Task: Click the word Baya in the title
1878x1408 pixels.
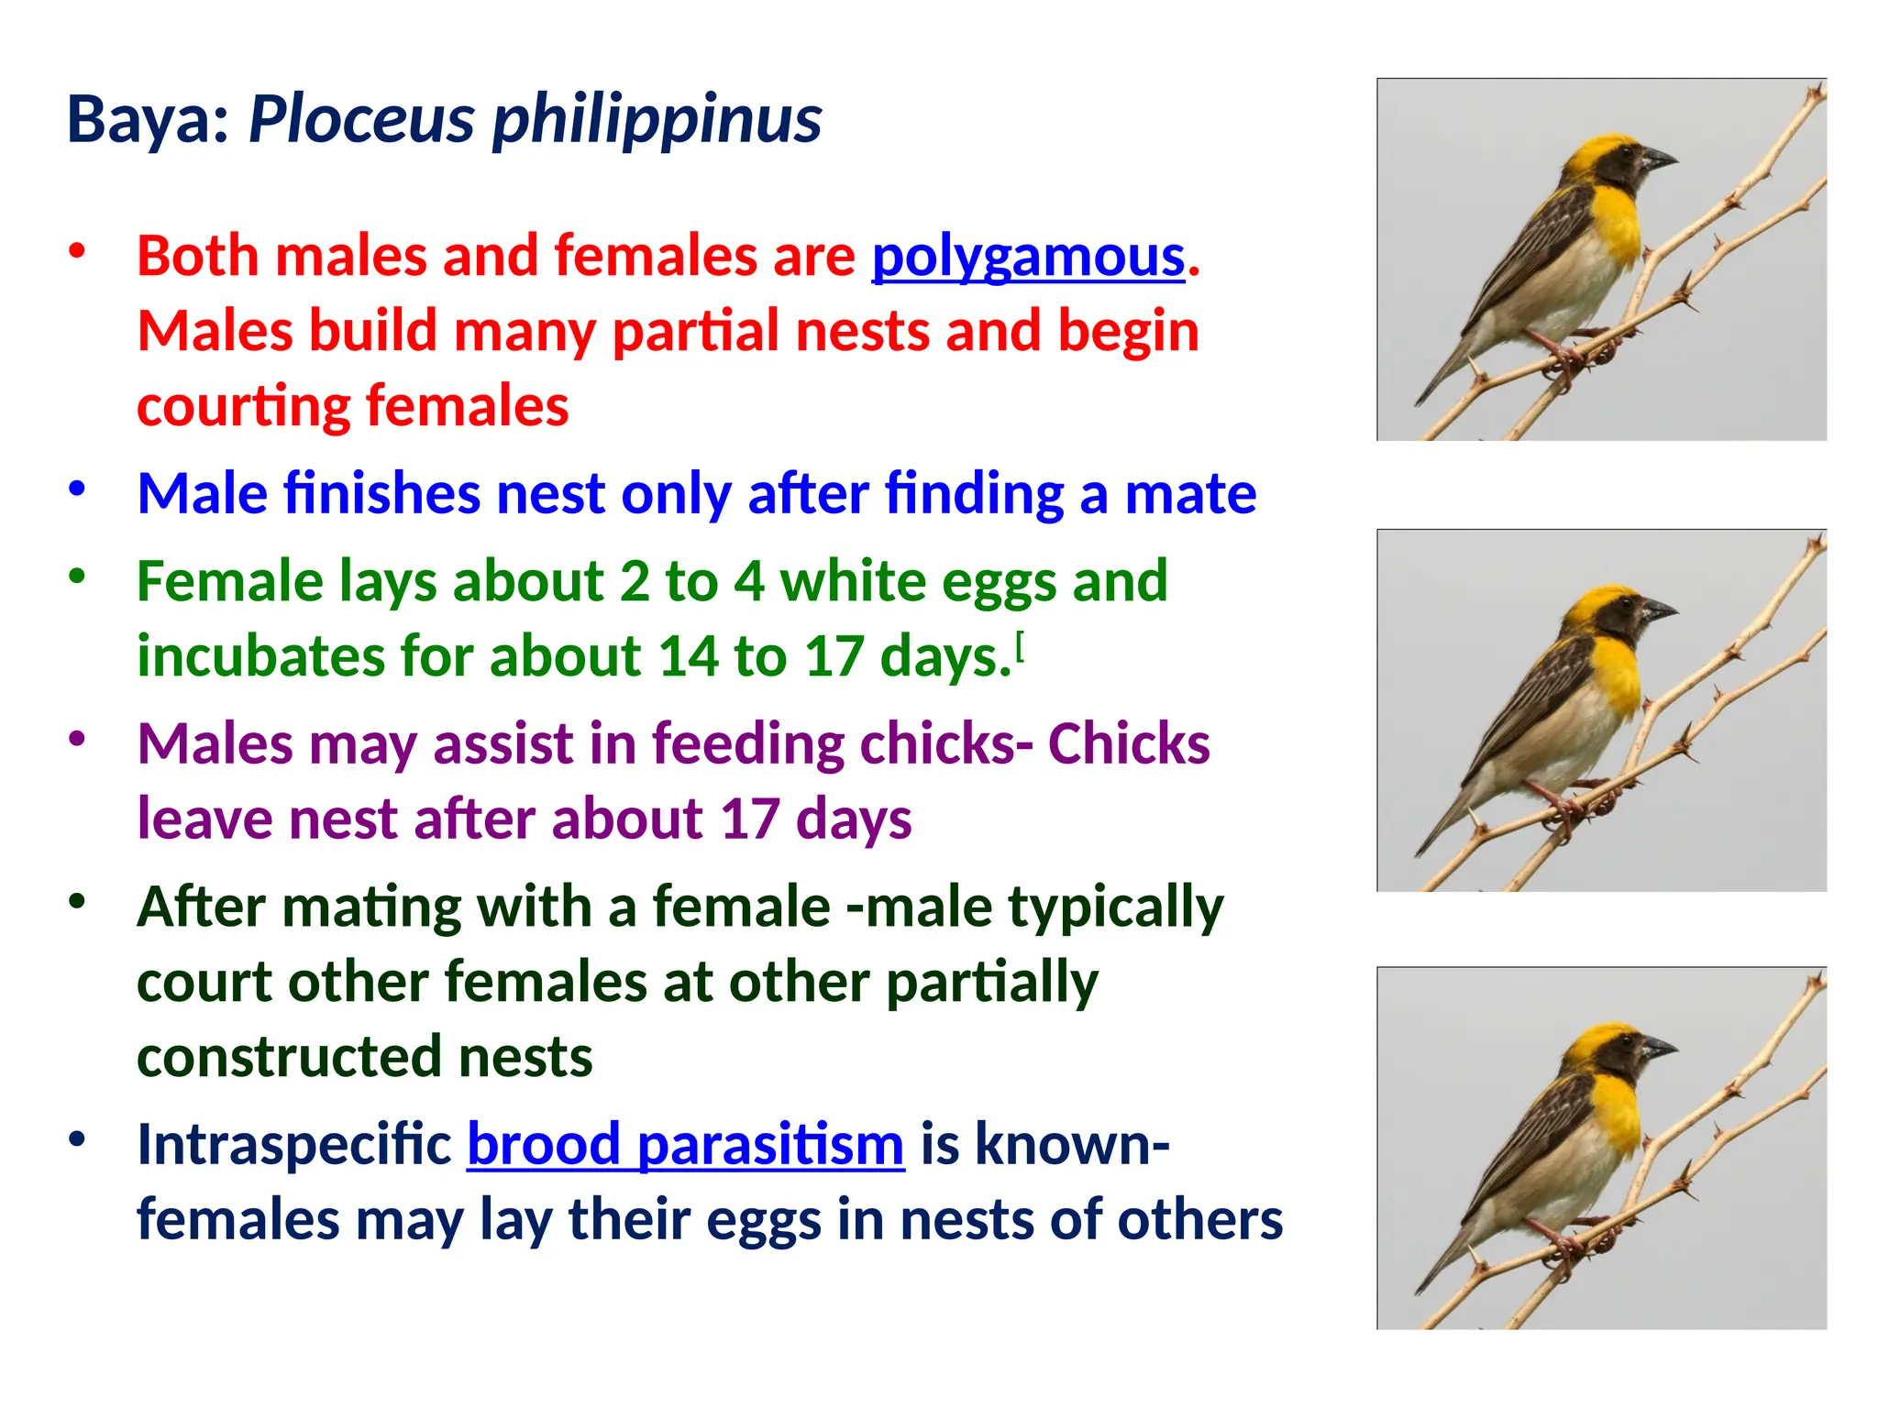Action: pyautogui.click(x=147, y=121)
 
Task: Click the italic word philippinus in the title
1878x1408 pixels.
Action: pyautogui.click(x=657, y=121)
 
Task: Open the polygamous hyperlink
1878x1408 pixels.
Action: pyautogui.click(x=1028, y=257)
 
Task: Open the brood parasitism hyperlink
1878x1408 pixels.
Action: pyautogui.click(x=685, y=1145)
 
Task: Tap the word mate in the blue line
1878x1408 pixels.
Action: pyautogui.click(x=1189, y=494)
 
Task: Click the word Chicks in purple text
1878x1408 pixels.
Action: pyautogui.click(x=1128, y=743)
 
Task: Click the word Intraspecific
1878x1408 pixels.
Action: pyautogui.click(x=293, y=1145)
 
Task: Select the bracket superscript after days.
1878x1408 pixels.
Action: pyautogui.click(x=1021, y=647)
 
